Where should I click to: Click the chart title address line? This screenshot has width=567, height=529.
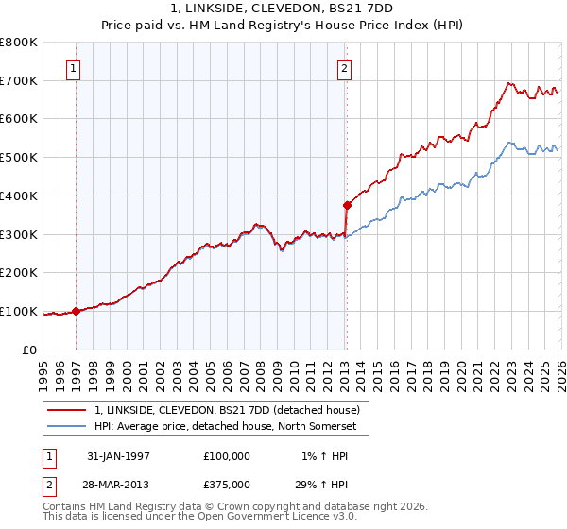click(x=283, y=9)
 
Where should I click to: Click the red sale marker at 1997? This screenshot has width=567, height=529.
click(x=77, y=311)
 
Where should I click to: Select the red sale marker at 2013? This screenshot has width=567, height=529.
click(x=346, y=205)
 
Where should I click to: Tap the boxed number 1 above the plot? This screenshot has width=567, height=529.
click(x=74, y=67)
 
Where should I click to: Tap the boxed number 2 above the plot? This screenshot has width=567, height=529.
click(x=345, y=67)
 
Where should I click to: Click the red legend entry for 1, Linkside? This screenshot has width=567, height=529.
click(x=227, y=411)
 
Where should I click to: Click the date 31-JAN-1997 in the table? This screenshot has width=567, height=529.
click(x=118, y=455)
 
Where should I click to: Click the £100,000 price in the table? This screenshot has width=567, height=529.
click(x=227, y=455)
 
